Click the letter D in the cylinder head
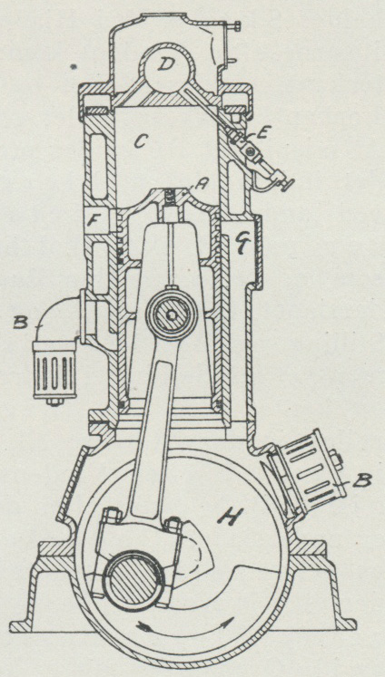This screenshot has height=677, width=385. point(164,65)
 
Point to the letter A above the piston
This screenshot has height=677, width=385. point(200,185)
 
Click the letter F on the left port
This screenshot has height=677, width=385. point(93,221)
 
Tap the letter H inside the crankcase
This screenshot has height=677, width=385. point(229,517)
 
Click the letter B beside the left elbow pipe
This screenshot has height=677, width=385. point(21,323)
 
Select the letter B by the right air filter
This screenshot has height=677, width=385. point(360,481)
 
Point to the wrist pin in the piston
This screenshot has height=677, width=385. point(173,315)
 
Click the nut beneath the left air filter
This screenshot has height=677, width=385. point(54,402)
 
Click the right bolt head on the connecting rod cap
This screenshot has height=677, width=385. point(173,526)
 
